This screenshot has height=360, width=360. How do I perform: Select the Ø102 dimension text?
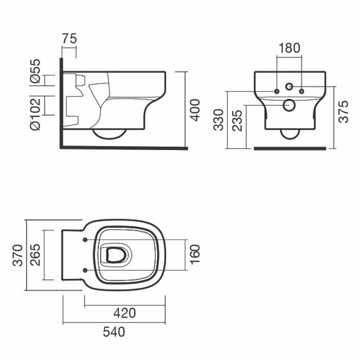[35, 112]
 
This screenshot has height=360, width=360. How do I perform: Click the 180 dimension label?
[289, 48]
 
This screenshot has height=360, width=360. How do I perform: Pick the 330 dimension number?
[219, 119]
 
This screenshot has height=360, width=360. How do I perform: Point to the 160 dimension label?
[195, 254]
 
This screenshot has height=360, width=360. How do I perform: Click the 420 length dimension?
[124, 312]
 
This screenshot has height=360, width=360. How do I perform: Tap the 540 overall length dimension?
[114, 332]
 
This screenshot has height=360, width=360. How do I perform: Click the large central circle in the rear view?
[289, 104]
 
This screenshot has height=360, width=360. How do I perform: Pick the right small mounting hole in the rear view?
[301, 92]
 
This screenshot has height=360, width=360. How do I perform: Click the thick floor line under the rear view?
[290, 148]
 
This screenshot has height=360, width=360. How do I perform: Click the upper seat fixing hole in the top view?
[84, 240]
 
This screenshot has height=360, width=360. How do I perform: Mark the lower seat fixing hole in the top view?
[84, 269]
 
